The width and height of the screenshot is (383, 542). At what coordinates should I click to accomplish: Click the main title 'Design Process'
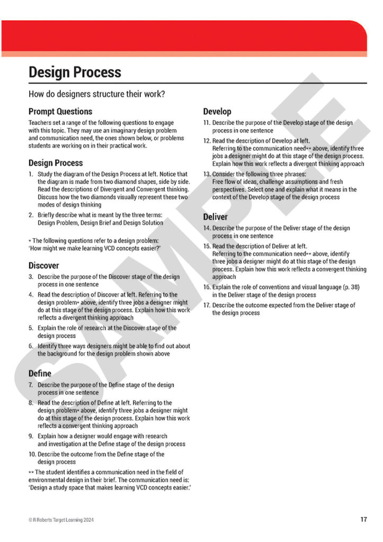[x=75, y=73]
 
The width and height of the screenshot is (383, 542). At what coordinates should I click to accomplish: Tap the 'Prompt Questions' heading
[x=60, y=112]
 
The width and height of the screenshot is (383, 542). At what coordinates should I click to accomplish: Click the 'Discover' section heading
[x=44, y=265]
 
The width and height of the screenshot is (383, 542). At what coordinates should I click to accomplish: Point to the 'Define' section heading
[x=40, y=374]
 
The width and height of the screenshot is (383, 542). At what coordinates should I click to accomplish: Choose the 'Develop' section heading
[x=217, y=112]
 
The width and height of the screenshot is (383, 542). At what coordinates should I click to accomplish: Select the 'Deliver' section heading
[x=216, y=217]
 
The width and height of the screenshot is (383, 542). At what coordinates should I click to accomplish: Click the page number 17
[x=363, y=520]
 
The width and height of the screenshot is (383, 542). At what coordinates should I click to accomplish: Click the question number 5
[x=31, y=328]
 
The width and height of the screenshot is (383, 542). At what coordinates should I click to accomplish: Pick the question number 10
[x=32, y=454]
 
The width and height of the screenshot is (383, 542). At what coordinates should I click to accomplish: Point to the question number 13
[x=207, y=174]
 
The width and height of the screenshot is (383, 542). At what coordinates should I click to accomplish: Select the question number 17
[x=207, y=305]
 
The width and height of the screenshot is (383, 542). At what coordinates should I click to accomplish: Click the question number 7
[x=31, y=385]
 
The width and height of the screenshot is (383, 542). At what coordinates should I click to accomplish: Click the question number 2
[x=31, y=215]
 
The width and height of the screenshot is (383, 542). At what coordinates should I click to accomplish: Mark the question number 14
[x=207, y=228]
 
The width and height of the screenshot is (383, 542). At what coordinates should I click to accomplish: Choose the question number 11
[x=207, y=123]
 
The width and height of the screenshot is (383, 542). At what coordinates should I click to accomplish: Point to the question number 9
[x=31, y=436]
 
